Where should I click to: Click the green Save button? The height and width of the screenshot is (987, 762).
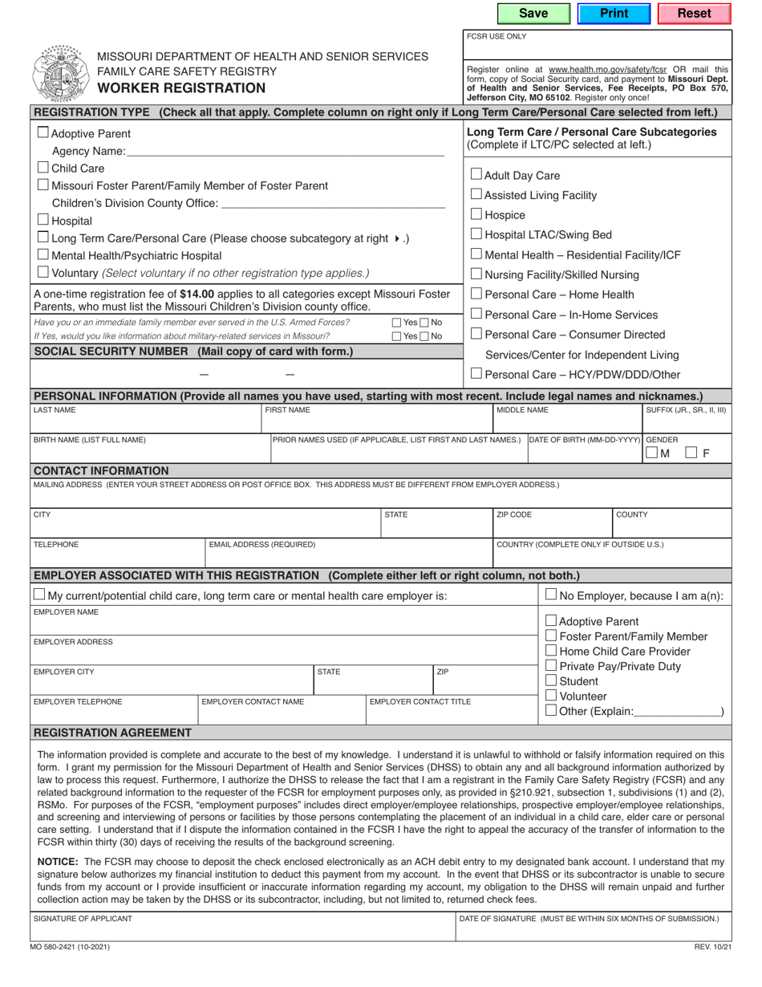pos(533,14)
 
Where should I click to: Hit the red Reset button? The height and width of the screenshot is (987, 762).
pos(694,14)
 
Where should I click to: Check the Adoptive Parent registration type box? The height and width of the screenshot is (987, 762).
pos(43,133)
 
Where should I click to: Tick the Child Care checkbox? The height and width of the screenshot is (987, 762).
pos(43,168)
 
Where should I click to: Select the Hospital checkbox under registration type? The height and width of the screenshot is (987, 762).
pos(43,220)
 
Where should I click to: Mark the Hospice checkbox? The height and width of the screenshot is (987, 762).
pos(476,214)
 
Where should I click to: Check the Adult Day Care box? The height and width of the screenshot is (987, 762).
pos(476,174)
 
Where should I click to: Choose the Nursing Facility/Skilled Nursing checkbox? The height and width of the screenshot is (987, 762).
pos(476,274)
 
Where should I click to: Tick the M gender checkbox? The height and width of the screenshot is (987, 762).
pos(652,453)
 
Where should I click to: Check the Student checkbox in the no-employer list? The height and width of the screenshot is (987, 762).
pos(551,680)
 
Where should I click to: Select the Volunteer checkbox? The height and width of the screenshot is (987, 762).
pos(551,695)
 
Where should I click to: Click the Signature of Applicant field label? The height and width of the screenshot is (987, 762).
pos(83,918)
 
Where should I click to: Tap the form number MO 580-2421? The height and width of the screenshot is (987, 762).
pos(71,947)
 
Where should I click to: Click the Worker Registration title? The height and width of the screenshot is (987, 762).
pos(181,88)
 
